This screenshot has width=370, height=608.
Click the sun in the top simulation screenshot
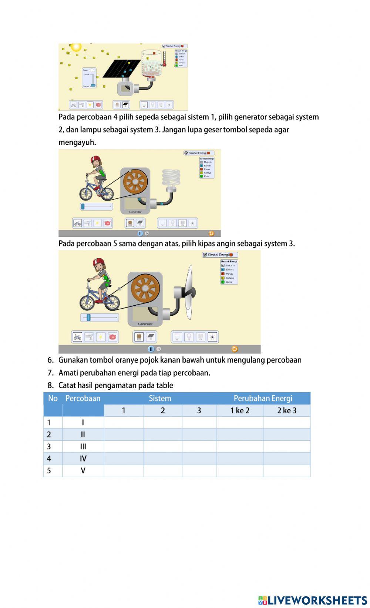[76, 47]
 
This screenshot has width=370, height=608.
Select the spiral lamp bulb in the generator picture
[171, 178]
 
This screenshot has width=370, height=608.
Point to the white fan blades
[189, 292]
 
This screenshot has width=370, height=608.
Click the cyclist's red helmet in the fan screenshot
[99, 262]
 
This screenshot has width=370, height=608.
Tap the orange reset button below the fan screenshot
[234, 349]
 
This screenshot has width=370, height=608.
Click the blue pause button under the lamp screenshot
[140, 234]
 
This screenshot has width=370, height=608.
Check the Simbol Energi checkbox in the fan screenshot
[205, 255]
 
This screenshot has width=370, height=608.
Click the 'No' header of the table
[53, 399]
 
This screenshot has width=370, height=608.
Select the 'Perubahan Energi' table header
[263, 399]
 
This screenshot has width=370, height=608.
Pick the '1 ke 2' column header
[239, 410]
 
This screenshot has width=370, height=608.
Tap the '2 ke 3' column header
[286, 410]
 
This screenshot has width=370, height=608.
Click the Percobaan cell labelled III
[83, 447]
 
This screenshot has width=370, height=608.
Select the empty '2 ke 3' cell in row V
[286, 471]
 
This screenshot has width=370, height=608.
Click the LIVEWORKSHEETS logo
[313, 600]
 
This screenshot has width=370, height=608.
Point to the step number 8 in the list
[50, 386]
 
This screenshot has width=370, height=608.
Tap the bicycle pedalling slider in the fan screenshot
[88, 318]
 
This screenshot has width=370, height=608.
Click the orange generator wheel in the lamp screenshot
[135, 182]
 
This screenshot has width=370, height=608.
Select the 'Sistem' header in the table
[160, 399]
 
